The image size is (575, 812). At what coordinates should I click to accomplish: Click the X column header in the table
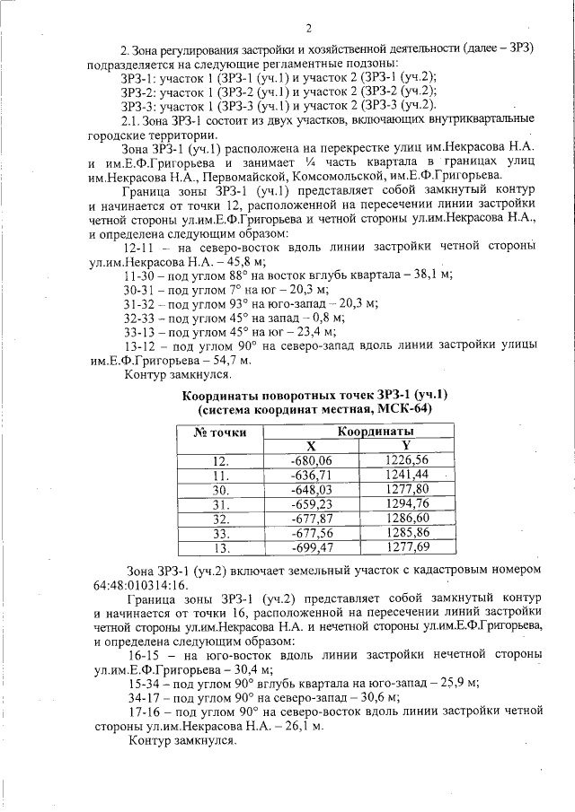(311, 446)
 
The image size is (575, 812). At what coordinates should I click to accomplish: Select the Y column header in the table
(406, 446)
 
